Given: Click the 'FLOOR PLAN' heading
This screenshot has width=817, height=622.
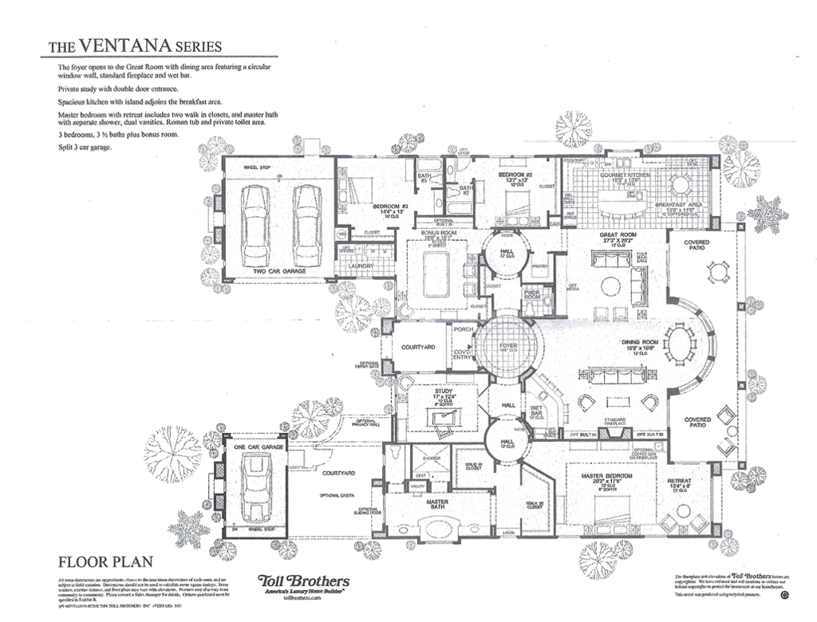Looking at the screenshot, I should (x=105, y=561).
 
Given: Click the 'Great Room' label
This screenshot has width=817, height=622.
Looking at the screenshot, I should (x=615, y=236).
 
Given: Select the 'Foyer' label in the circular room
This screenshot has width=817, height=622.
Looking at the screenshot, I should (x=508, y=346).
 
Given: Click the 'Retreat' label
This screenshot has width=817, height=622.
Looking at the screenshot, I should (x=680, y=481).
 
